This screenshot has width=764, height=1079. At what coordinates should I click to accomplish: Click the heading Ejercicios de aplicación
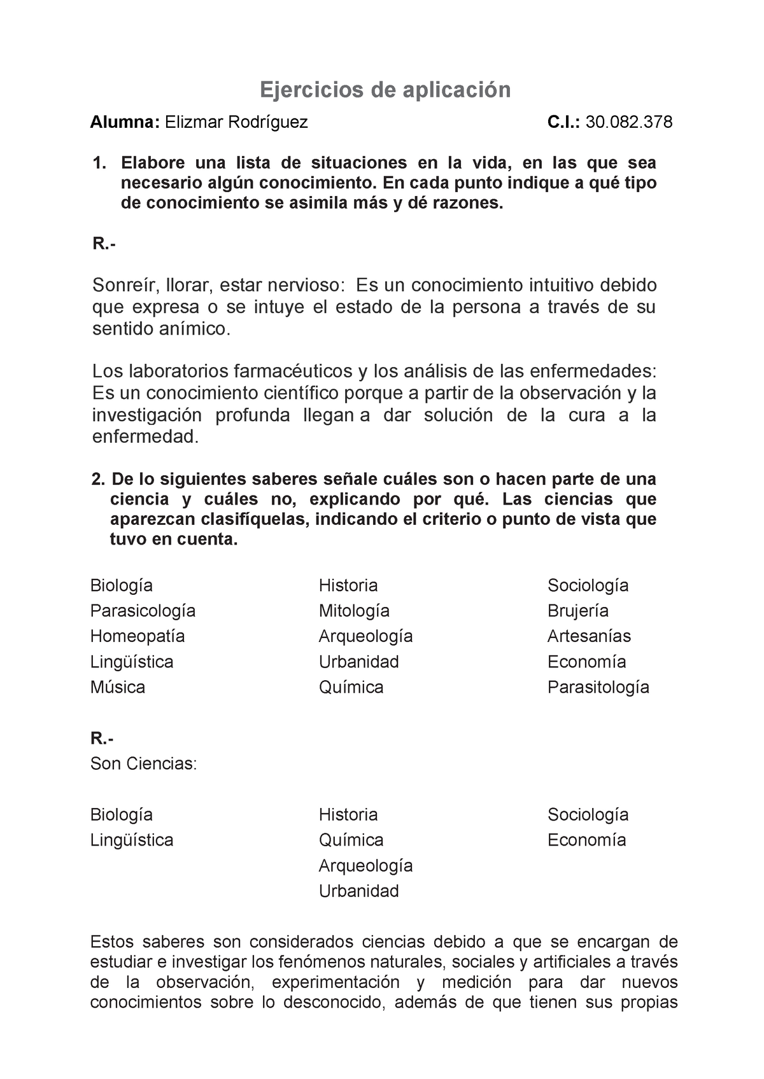pos(385,90)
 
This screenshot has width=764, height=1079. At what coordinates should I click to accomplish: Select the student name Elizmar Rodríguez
pos(236,122)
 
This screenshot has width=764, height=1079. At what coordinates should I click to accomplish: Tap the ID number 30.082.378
pos(628,122)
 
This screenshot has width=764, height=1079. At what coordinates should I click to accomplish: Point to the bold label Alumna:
pos(125,122)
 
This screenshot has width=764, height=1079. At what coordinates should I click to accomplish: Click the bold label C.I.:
pos(563,122)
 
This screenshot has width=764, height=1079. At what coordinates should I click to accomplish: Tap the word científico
pos(297,393)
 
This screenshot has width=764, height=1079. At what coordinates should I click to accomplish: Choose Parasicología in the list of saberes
pos(143,611)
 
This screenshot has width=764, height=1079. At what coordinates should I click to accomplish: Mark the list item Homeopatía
pos(138,636)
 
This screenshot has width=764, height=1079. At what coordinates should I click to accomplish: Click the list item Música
pos(118,687)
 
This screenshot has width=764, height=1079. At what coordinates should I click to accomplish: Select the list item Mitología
pos(354,611)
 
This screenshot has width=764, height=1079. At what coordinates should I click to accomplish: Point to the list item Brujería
pos(578,611)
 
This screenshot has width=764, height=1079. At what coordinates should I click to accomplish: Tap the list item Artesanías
pos(589,636)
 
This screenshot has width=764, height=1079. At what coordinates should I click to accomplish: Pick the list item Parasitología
pos(598,687)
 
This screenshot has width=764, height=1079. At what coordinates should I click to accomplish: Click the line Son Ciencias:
pos(144,763)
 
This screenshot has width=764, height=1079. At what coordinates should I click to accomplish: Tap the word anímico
pos(195,329)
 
